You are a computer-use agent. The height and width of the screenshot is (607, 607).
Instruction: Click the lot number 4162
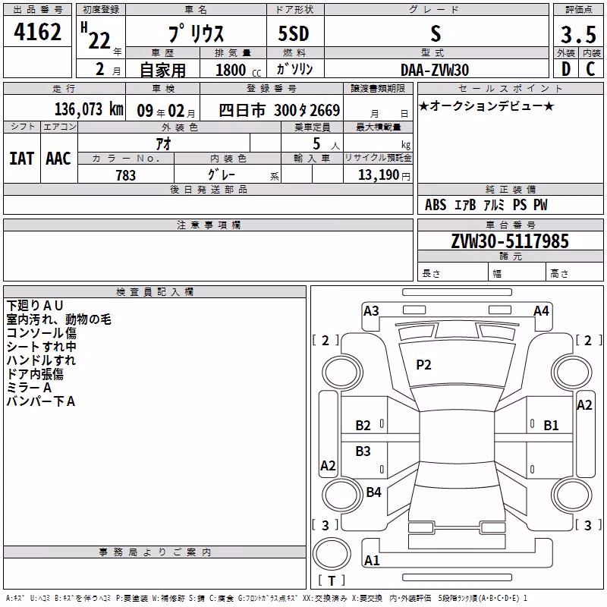click(x=37, y=32)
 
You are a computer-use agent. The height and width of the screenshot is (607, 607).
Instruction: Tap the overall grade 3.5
click(x=578, y=34)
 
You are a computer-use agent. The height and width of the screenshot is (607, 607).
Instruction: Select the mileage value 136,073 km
click(x=89, y=109)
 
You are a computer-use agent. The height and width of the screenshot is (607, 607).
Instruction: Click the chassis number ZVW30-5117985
click(x=510, y=241)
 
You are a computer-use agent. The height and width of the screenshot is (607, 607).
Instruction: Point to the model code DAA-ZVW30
click(x=435, y=70)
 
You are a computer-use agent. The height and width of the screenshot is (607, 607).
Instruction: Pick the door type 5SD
click(x=294, y=33)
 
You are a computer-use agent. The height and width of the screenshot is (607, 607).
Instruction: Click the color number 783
click(x=125, y=175)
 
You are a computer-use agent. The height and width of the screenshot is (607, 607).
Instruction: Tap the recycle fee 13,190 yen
click(x=384, y=175)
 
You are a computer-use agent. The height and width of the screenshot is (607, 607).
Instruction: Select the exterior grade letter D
click(x=566, y=69)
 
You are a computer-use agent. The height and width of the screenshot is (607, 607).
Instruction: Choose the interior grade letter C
click(x=590, y=69)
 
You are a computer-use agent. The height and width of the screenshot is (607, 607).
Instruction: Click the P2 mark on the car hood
click(x=423, y=365)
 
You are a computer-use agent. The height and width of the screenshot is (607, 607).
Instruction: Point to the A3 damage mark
click(x=371, y=311)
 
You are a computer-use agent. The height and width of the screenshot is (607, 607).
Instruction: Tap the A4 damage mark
click(x=541, y=311)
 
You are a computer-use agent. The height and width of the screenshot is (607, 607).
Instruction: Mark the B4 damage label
click(x=373, y=492)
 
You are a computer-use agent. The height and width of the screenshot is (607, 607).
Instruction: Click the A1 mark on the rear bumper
click(x=372, y=560)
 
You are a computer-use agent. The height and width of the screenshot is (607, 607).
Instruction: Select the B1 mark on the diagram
click(x=552, y=426)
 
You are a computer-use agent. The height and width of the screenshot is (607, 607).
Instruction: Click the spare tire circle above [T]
click(x=332, y=554)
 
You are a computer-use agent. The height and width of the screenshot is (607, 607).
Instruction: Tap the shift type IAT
click(x=21, y=159)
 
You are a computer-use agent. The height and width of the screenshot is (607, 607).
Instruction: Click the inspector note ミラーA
click(x=29, y=388)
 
